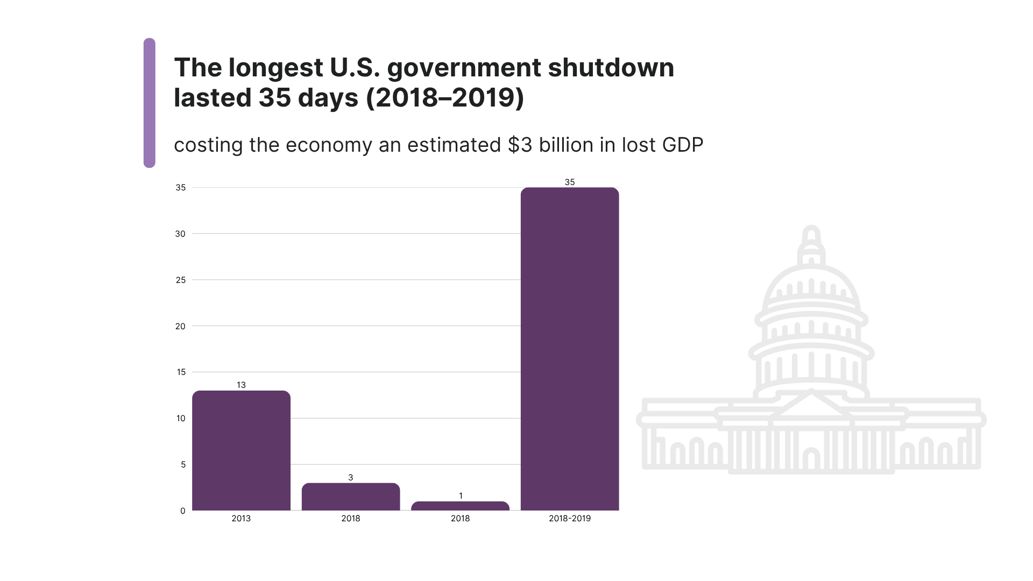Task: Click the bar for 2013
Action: pyautogui.click(x=241, y=451)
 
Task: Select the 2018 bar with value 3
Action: pyautogui.click(x=351, y=497)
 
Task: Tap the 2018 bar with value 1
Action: pyautogui.click(x=460, y=506)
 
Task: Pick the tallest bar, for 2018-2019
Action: pyautogui.click(x=570, y=349)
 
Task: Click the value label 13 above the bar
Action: pyautogui.click(x=241, y=385)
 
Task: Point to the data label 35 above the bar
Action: pyautogui.click(x=570, y=182)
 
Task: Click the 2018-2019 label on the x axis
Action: pyautogui.click(x=570, y=519)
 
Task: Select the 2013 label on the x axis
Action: pyautogui.click(x=241, y=519)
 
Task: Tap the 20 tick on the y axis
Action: pyautogui.click(x=180, y=326)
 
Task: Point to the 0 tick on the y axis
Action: pyautogui.click(x=183, y=511)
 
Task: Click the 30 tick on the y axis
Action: pyautogui.click(x=180, y=234)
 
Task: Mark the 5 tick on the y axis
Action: pyautogui.click(x=183, y=465)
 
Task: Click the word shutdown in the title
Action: pyautogui.click(x=611, y=68)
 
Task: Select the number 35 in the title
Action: pyautogui.click(x=274, y=98)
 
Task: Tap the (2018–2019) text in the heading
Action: pyautogui.click(x=445, y=98)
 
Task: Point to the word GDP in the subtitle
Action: pyautogui.click(x=682, y=145)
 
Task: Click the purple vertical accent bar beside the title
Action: pyautogui.click(x=150, y=103)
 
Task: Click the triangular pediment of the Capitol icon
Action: pyautogui.click(x=811, y=405)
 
